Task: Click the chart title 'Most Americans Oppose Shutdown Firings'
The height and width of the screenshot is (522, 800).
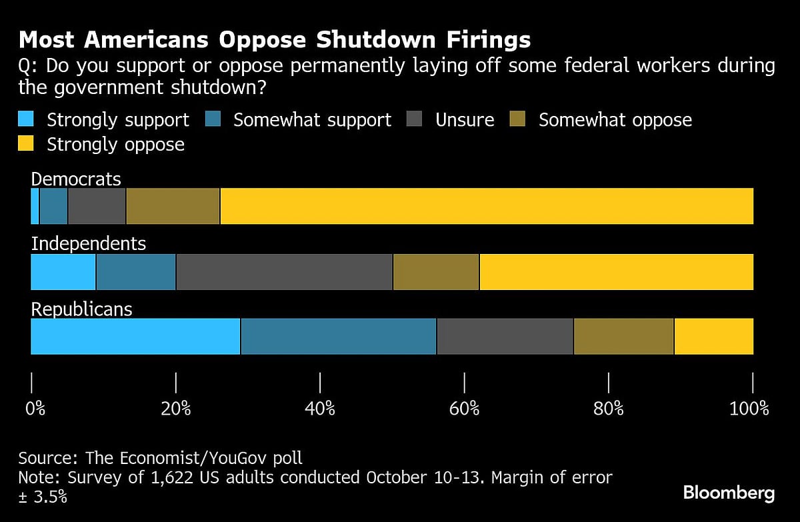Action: [274, 40]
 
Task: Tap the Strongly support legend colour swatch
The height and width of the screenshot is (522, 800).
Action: [26, 119]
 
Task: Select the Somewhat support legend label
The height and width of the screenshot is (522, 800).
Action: [312, 120]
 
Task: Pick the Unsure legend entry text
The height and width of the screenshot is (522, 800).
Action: [465, 120]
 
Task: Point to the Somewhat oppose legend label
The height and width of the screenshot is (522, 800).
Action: [615, 120]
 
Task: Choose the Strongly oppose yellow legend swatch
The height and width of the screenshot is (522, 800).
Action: [26, 143]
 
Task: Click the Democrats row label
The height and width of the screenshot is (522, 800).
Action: [76, 179]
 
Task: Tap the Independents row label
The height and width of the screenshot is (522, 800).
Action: [89, 243]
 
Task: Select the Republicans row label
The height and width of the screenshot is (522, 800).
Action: [82, 309]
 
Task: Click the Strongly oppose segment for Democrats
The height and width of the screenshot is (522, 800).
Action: [487, 206]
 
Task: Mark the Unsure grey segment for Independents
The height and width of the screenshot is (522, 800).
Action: [284, 272]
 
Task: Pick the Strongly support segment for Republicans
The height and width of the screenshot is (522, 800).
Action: [135, 337]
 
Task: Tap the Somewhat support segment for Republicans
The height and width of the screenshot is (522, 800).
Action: [338, 337]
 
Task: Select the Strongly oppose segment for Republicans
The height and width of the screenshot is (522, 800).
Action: [714, 337]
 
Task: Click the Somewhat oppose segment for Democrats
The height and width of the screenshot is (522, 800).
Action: [173, 206]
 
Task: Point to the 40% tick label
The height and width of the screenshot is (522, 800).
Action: [320, 408]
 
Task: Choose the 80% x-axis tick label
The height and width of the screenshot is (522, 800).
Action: [609, 408]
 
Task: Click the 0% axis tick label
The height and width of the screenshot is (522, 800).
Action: [35, 408]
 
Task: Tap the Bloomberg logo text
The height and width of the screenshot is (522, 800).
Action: [729, 493]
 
